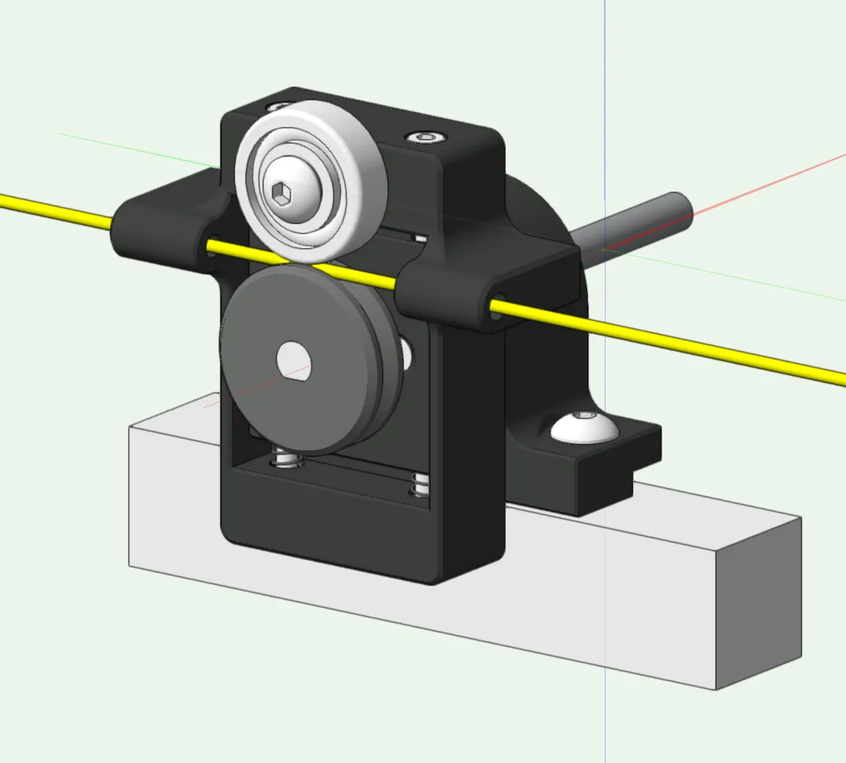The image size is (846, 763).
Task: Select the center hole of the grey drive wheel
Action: [293, 359]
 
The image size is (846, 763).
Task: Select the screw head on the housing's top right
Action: [427, 137]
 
